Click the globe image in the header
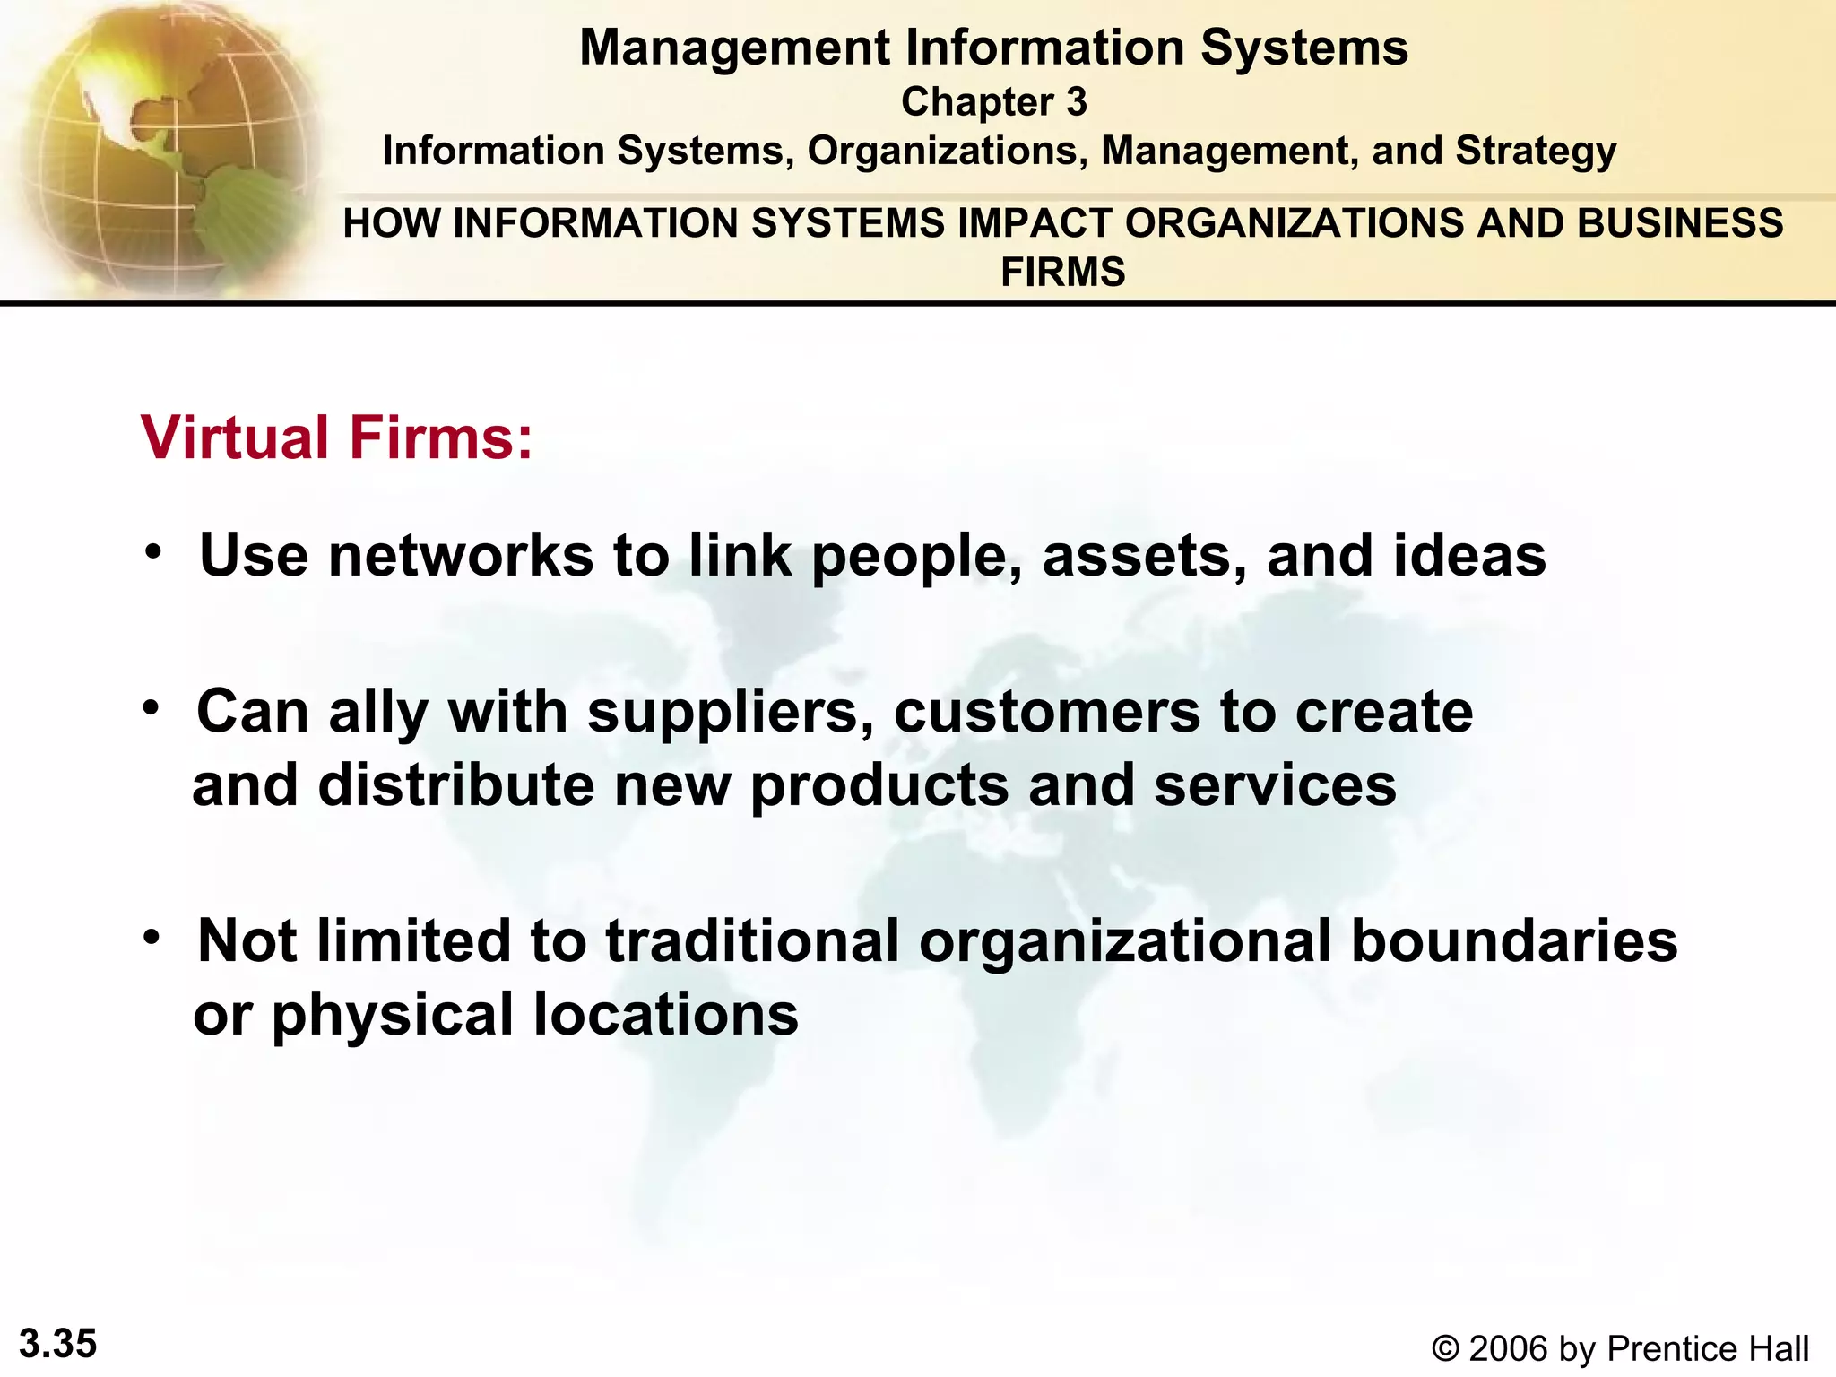pos(166,148)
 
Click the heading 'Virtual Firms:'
pos(337,437)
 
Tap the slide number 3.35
pos(57,1344)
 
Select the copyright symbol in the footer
pos(1445,1348)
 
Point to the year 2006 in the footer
pos(1509,1348)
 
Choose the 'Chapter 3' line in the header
pos(993,101)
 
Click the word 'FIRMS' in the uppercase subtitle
pos(1062,272)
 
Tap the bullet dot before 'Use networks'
pos(154,550)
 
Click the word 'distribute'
pos(456,785)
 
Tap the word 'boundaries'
pos(1513,941)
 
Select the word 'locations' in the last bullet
pos(665,1015)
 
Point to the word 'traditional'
pos(752,941)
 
